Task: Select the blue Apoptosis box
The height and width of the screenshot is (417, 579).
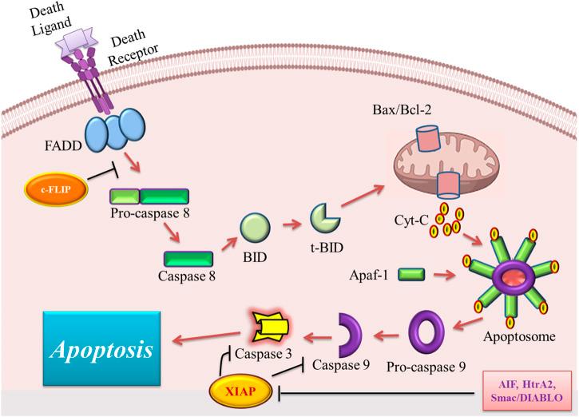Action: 101,348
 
